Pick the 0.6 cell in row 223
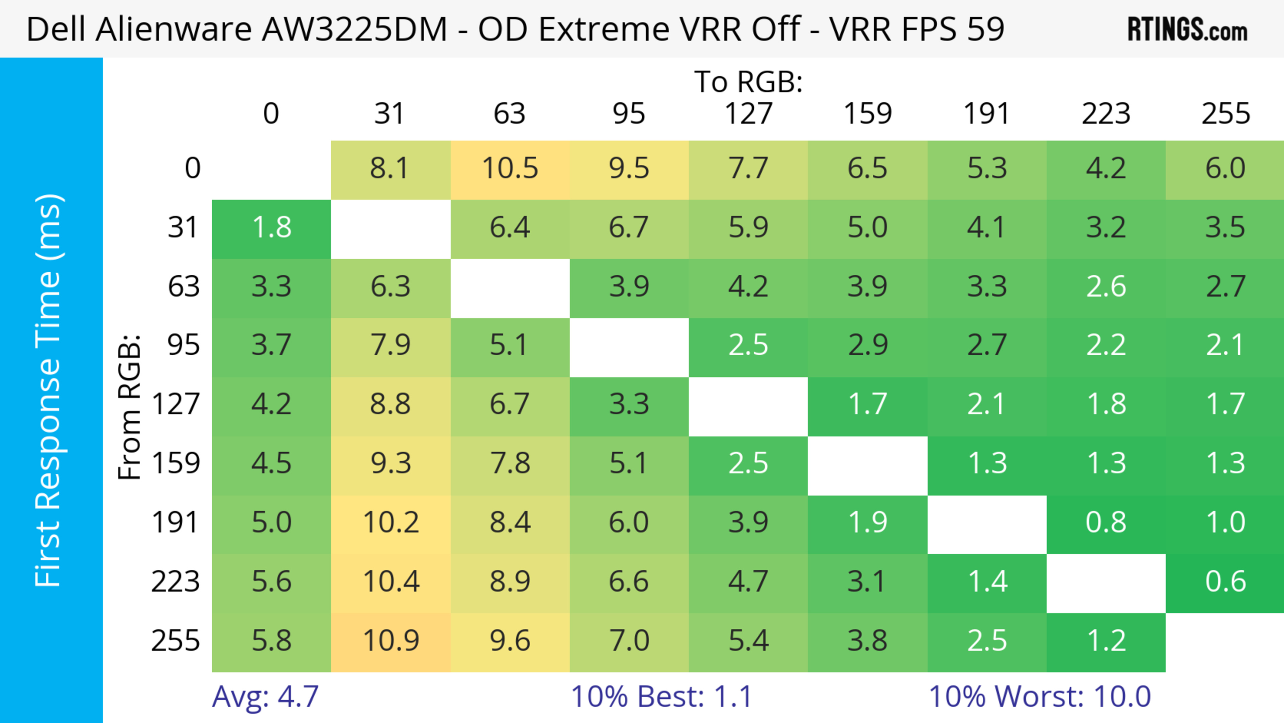[1225, 582]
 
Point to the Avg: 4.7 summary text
[265, 697]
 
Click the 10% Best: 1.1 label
[661, 697]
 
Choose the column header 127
[748, 114]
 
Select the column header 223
[1105, 114]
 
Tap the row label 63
[184, 287]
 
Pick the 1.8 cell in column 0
[272, 228]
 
